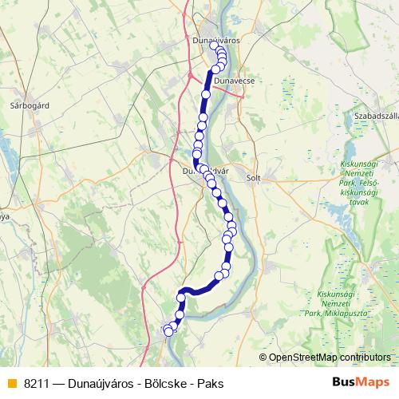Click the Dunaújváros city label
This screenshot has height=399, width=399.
point(216,38)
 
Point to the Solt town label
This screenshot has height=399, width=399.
point(255,178)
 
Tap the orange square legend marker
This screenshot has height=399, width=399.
point(11,383)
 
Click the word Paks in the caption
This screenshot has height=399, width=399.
point(211,383)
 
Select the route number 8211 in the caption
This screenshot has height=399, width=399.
point(37,383)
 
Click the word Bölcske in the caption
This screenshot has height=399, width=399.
point(164,383)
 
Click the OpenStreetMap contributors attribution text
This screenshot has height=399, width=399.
point(329,358)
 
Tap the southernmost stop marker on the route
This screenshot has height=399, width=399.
point(168,332)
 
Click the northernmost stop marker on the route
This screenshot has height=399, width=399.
point(214,45)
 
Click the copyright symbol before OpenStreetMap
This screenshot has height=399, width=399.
point(263,358)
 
